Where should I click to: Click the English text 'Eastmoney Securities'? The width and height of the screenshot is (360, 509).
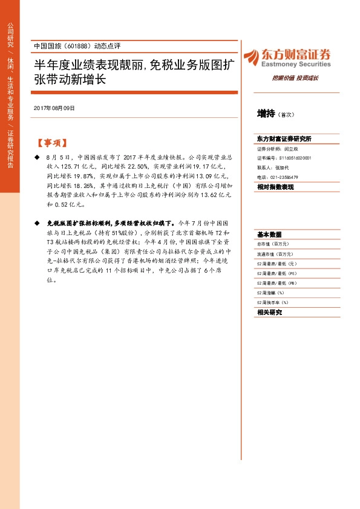point(296,64)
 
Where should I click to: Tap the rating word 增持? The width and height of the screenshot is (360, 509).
point(266,113)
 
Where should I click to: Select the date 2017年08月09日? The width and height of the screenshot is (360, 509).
point(54,108)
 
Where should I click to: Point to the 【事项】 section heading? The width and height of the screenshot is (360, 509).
point(51,144)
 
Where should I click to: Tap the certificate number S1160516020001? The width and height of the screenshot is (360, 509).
point(287,157)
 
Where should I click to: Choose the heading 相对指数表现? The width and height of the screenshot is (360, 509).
point(275,187)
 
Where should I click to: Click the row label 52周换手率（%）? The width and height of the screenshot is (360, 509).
point(273,302)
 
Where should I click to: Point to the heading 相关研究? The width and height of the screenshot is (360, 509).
point(269,313)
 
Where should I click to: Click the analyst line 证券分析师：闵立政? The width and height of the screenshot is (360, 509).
point(278,148)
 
